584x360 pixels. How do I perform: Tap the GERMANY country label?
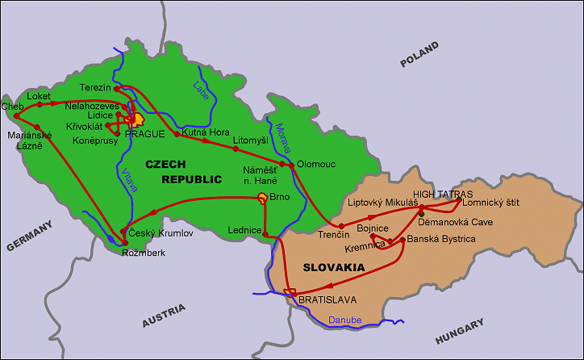click(x=30, y=235)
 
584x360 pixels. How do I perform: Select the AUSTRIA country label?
click(x=164, y=315)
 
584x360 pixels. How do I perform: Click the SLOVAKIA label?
click(x=333, y=267)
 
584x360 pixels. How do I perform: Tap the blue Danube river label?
click(x=344, y=320)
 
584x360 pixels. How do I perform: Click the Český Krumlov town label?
click(x=161, y=232)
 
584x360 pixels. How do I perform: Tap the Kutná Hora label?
click(x=206, y=132)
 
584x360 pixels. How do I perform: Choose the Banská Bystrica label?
click(x=441, y=239)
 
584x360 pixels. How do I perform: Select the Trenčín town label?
click(x=333, y=234)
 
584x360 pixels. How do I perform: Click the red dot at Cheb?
click(x=16, y=105)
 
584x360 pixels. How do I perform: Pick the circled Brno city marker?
click(x=262, y=197)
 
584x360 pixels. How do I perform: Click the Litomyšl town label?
click(x=249, y=140)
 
